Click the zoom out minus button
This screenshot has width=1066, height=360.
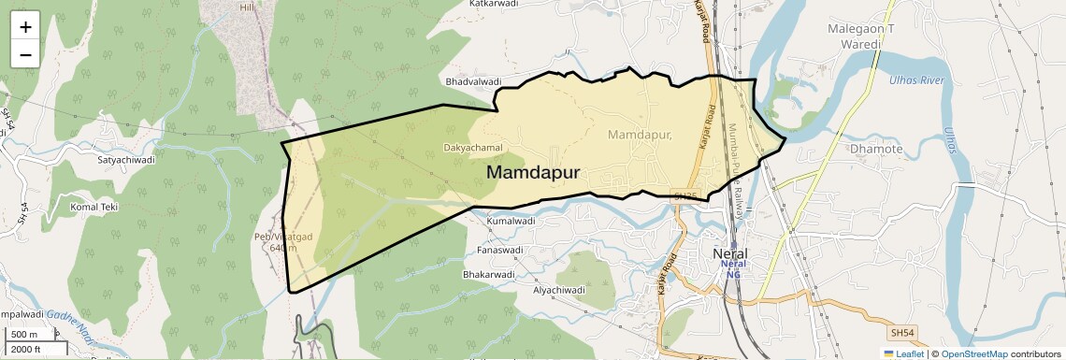[x=25, y=54]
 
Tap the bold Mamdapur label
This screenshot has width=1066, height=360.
[x=533, y=173]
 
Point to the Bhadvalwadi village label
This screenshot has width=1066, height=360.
[x=474, y=82]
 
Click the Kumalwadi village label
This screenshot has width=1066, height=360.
[x=510, y=222]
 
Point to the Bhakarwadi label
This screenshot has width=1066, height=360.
[x=489, y=275]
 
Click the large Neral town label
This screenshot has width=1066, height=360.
[x=730, y=254]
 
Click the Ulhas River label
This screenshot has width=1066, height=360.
[x=917, y=80]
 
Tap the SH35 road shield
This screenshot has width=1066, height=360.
[x=685, y=196]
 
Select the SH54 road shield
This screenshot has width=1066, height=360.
[x=902, y=332]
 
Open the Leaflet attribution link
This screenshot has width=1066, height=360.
[x=903, y=354]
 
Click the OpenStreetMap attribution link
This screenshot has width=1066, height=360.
[x=973, y=354]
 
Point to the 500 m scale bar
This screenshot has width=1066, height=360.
[x=25, y=335]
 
